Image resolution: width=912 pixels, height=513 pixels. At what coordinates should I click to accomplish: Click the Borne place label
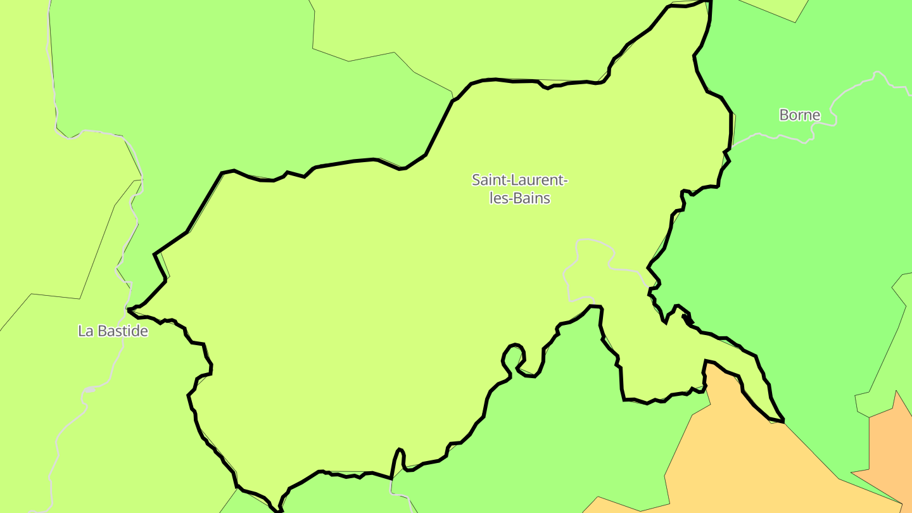799,115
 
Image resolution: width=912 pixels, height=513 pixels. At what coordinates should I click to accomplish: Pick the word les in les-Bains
499,198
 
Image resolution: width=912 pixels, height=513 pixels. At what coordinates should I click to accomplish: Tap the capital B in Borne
784,115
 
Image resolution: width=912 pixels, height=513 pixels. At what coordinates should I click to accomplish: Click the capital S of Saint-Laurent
476,180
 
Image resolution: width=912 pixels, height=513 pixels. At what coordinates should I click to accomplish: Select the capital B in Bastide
100,331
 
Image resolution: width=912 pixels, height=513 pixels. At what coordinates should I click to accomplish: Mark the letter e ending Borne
816,116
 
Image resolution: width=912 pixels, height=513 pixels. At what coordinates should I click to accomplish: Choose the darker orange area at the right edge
890,443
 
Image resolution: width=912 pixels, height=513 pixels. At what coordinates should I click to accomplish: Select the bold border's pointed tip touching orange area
783,420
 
